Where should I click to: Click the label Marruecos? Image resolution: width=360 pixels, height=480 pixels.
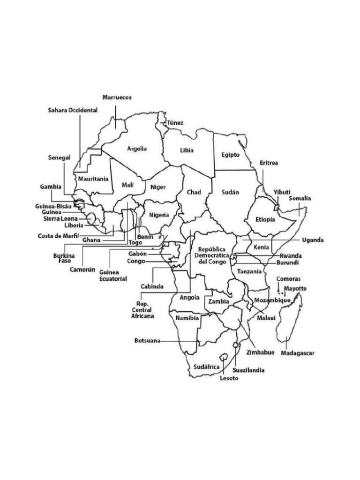click(x=117, y=97)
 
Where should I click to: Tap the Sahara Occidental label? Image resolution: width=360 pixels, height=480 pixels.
click(x=73, y=110)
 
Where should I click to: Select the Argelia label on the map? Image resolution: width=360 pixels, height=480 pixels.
click(x=137, y=149)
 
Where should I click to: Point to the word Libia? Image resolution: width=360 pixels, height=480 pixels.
click(x=187, y=150)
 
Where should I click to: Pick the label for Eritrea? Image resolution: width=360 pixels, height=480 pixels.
click(x=269, y=163)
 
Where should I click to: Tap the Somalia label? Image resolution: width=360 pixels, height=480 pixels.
click(x=300, y=198)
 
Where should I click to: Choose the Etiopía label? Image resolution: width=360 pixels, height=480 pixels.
click(x=265, y=219)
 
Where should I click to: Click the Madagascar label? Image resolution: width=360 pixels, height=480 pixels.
click(x=298, y=353)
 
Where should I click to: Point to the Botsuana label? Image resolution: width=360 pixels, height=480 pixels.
click(x=147, y=341)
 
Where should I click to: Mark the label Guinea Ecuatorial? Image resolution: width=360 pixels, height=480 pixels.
click(x=113, y=275)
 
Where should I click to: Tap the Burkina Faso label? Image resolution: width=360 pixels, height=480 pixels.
click(x=62, y=258)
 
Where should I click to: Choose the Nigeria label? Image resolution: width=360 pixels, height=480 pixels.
click(x=159, y=215)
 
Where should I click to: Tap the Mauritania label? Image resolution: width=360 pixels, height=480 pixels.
click(x=93, y=179)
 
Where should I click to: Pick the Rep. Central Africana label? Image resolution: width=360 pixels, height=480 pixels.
click(x=142, y=310)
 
